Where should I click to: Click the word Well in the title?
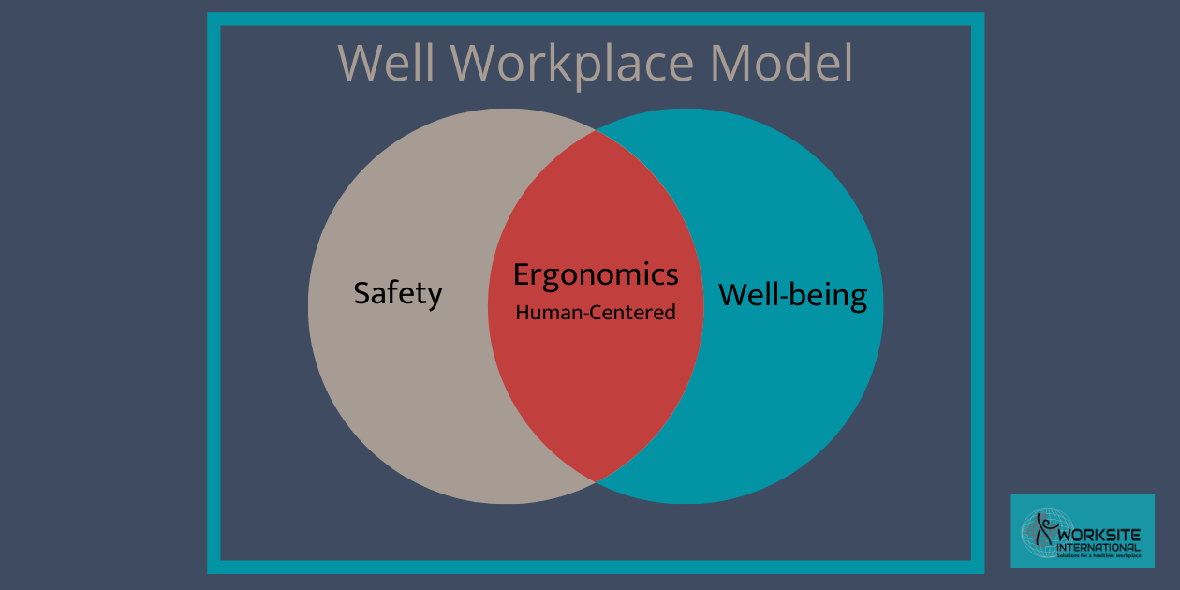[387, 63]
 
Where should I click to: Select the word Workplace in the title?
[573, 65]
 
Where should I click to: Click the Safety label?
[397, 294]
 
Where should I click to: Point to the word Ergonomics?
[596, 275]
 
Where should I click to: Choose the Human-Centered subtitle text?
[596, 313]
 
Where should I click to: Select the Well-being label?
[792, 296]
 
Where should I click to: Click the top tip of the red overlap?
[596, 132]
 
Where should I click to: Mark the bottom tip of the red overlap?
[596, 480]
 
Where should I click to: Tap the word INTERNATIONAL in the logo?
[1099, 547]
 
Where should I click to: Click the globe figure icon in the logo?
[1039, 532]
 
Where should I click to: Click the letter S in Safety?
[361, 294]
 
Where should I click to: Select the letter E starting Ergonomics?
[521, 275]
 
